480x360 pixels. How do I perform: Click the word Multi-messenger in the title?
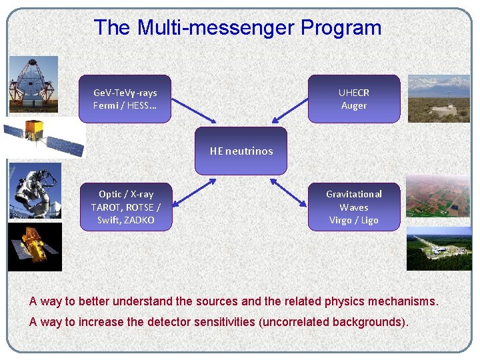215,28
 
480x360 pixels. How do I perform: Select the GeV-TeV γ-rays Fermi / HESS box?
125,99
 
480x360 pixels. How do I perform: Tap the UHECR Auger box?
354,99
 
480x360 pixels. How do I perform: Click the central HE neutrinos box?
241,151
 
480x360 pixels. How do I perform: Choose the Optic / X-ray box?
125,207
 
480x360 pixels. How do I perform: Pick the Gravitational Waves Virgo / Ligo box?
354,207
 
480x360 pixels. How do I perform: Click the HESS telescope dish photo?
33,85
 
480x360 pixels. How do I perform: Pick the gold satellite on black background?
35,246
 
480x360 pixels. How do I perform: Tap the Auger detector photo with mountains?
439,99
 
